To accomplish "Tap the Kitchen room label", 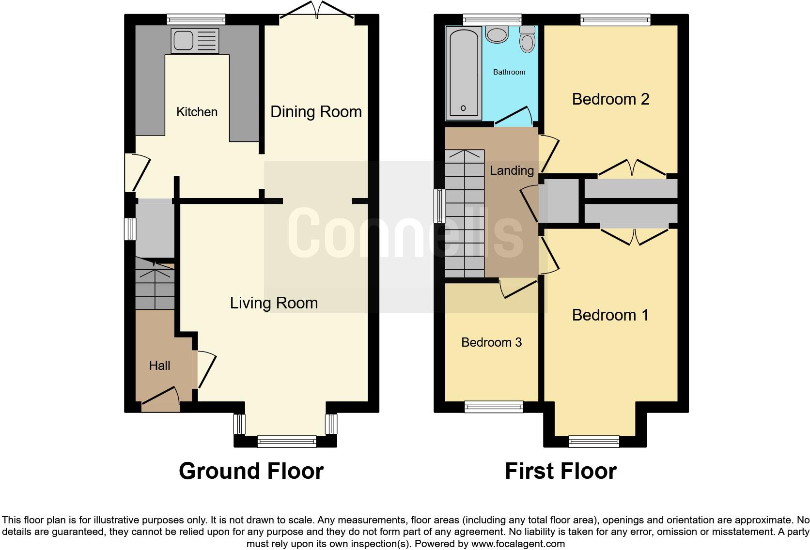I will [x=197, y=112].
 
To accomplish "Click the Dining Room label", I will [x=316, y=112].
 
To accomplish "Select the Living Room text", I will [x=274, y=303].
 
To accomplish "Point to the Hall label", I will [x=159, y=366].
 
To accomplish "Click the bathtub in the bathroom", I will [x=464, y=73].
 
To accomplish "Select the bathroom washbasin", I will [x=496, y=34].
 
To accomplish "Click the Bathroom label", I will [x=509, y=72].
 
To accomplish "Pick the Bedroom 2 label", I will [x=610, y=99].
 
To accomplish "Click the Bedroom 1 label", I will [x=610, y=315].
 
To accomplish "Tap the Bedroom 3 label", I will [x=491, y=342].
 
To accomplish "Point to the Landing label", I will [x=512, y=170].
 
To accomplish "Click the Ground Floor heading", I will [x=251, y=471].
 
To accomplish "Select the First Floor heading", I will [x=561, y=471].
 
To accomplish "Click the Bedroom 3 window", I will [x=494, y=407].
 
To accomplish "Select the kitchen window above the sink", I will [x=196, y=19].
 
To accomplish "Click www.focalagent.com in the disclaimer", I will [x=517, y=544].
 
